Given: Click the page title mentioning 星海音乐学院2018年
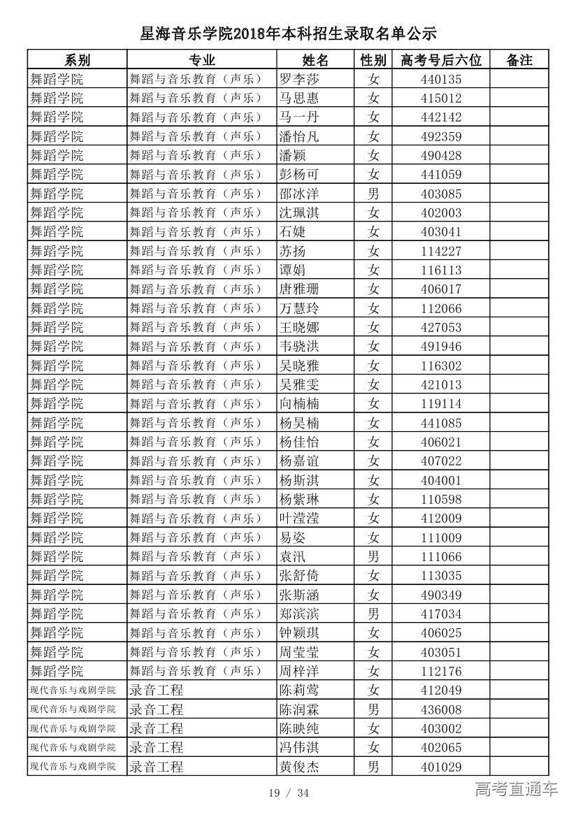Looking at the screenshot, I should (288, 33).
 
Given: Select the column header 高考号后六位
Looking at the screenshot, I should (441, 60).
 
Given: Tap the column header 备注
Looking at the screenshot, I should (519, 60).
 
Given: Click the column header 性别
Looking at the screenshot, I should (373, 60).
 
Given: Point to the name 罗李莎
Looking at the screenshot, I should (298, 79).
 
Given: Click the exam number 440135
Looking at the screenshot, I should (441, 79).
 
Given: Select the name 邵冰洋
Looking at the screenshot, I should (298, 194).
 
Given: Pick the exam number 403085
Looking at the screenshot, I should (441, 194).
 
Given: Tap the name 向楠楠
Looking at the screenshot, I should (298, 403).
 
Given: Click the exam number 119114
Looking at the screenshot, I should (441, 403).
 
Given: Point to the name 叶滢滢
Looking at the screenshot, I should (298, 518).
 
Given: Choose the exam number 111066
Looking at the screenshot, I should (441, 556).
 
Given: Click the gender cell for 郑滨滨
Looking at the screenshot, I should (373, 614).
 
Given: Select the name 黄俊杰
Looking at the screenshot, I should (298, 767).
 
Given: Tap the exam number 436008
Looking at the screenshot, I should (441, 709).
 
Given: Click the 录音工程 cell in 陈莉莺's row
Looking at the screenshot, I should (157, 691).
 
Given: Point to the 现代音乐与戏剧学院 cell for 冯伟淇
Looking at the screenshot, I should (73, 748).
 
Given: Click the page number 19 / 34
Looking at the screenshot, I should (289, 793).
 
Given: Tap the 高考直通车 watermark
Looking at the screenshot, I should (516, 790).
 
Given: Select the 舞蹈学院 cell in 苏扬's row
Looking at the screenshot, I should (57, 251).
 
